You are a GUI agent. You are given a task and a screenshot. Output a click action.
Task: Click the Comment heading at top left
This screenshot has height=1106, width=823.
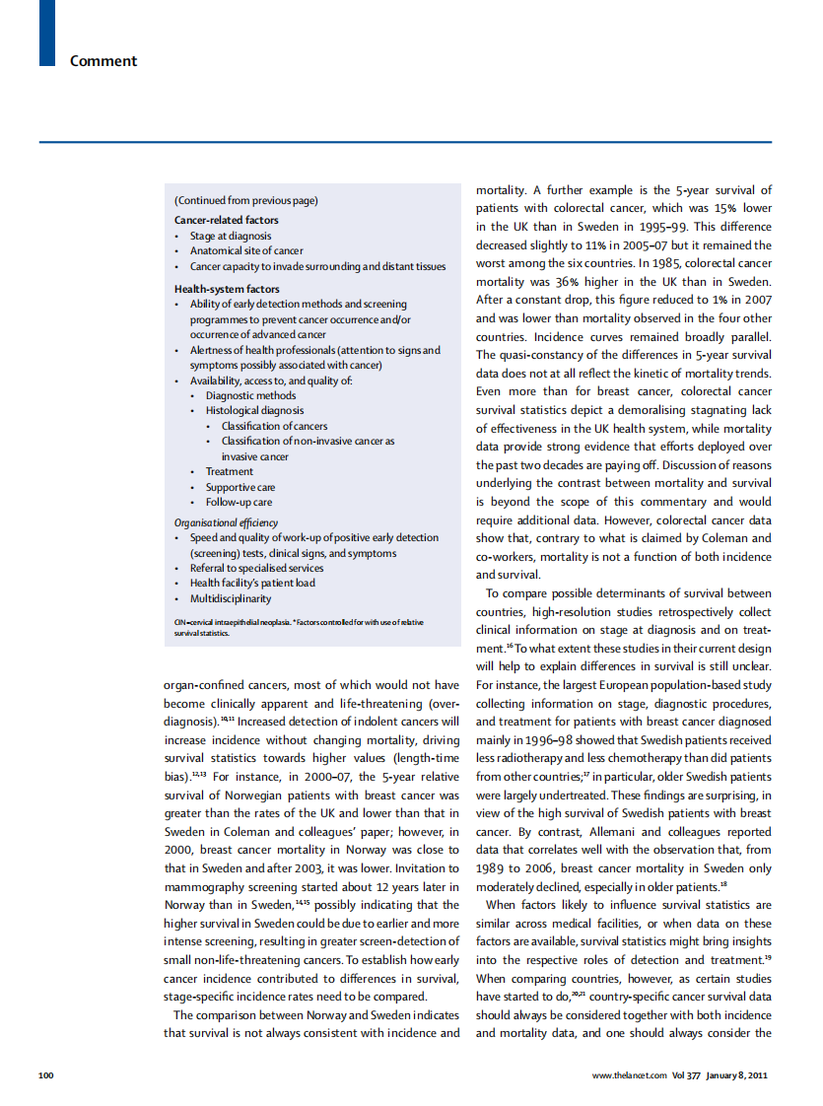click(103, 61)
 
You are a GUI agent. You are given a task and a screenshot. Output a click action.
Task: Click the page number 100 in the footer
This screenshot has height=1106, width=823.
click(46, 1074)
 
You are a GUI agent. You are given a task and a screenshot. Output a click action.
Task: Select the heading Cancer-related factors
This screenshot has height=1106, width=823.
click(227, 220)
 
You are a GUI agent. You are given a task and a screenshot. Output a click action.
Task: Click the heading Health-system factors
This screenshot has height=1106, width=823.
click(227, 289)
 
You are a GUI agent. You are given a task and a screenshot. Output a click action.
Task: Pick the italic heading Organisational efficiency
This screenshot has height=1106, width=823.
click(226, 522)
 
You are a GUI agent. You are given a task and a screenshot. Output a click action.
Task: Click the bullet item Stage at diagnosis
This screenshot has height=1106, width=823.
click(231, 236)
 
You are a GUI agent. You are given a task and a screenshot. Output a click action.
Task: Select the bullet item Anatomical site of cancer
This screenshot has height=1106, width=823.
click(246, 250)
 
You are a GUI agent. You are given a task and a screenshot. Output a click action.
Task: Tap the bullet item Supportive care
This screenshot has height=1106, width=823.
click(240, 487)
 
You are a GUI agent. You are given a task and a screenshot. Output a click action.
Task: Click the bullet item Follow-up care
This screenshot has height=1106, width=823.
click(239, 502)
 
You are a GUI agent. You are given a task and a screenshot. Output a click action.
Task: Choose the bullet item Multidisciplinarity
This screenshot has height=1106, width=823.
click(231, 598)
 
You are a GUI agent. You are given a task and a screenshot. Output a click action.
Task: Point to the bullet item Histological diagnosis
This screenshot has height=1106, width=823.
click(254, 410)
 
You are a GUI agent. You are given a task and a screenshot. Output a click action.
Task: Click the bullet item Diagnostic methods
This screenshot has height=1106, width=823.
click(250, 395)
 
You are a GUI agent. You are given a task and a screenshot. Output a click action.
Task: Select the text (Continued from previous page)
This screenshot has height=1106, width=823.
click(245, 200)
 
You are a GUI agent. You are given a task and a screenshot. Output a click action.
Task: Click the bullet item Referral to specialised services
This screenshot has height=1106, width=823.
click(256, 568)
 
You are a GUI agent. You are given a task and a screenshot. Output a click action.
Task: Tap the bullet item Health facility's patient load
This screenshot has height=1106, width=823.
click(252, 583)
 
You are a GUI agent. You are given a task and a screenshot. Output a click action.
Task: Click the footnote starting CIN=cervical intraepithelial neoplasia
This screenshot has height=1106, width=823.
click(299, 627)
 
